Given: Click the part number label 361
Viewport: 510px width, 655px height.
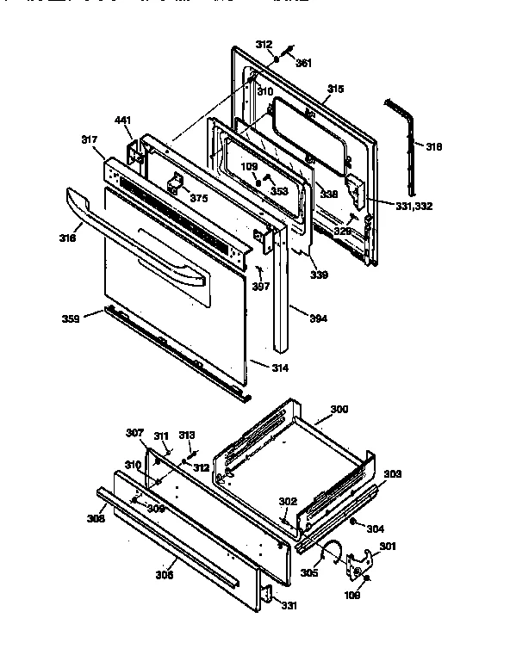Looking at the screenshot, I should click(x=303, y=63).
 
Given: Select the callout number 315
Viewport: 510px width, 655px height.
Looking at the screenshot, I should click(x=336, y=89).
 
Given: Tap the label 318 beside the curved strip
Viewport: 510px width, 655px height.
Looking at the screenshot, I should click(x=433, y=147).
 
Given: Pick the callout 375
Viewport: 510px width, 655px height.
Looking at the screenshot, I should click(x=199, y=198).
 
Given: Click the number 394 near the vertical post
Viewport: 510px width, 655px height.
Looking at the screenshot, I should click(x=319, y=318).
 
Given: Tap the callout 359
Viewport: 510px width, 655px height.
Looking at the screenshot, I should click(x=71, y=318).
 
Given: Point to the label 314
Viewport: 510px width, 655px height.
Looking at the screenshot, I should click(x=280, y=368).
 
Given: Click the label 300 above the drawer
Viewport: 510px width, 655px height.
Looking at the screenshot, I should click(x=339, y=411).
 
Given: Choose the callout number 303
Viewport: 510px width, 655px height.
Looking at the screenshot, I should click(x=392, y=474).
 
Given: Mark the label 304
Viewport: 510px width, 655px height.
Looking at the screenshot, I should click(x=376, y=528).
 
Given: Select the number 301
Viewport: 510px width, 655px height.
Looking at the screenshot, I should click(x=389, y=546).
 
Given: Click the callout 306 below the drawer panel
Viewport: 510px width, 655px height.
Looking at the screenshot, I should click(x=165, y=576).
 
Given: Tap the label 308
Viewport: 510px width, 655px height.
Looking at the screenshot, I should click(x=94, y=518).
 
